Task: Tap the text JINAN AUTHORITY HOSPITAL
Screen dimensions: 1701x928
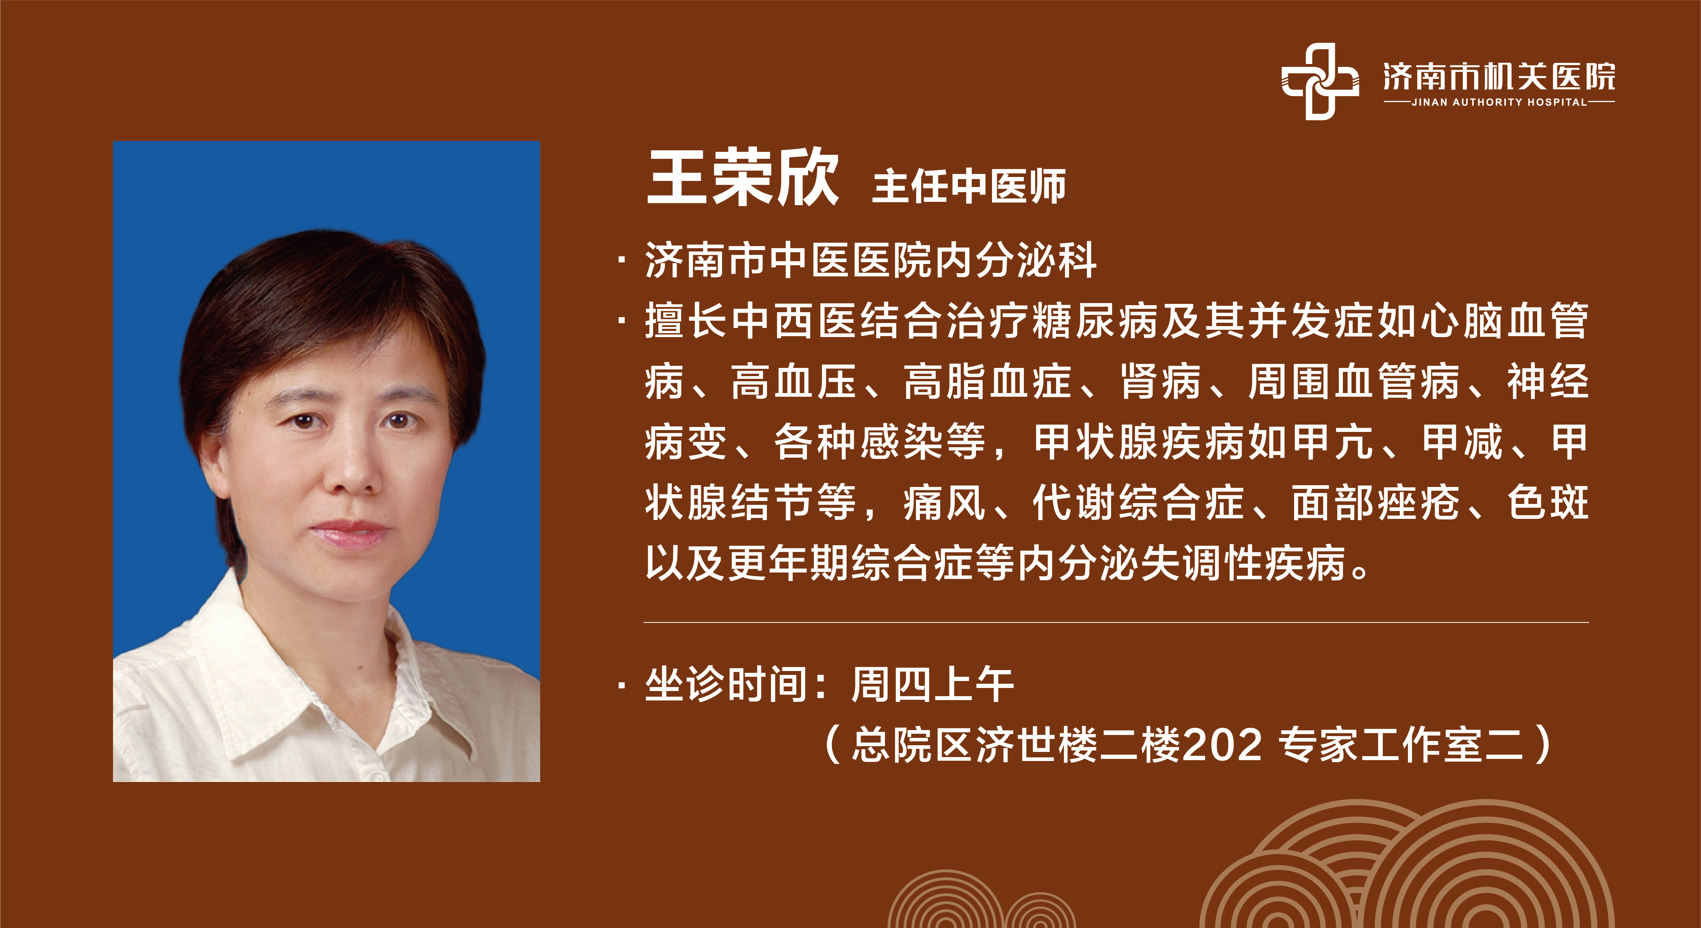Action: pos(1499,102)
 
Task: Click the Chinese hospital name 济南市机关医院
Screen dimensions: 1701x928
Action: pos(1499,77)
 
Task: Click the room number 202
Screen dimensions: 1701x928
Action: pos(1222,745)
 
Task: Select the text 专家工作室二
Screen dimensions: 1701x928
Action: pos(1401,745)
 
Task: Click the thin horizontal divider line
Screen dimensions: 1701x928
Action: pos(1116,622)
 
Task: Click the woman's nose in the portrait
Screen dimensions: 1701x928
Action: pos(350,466)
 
